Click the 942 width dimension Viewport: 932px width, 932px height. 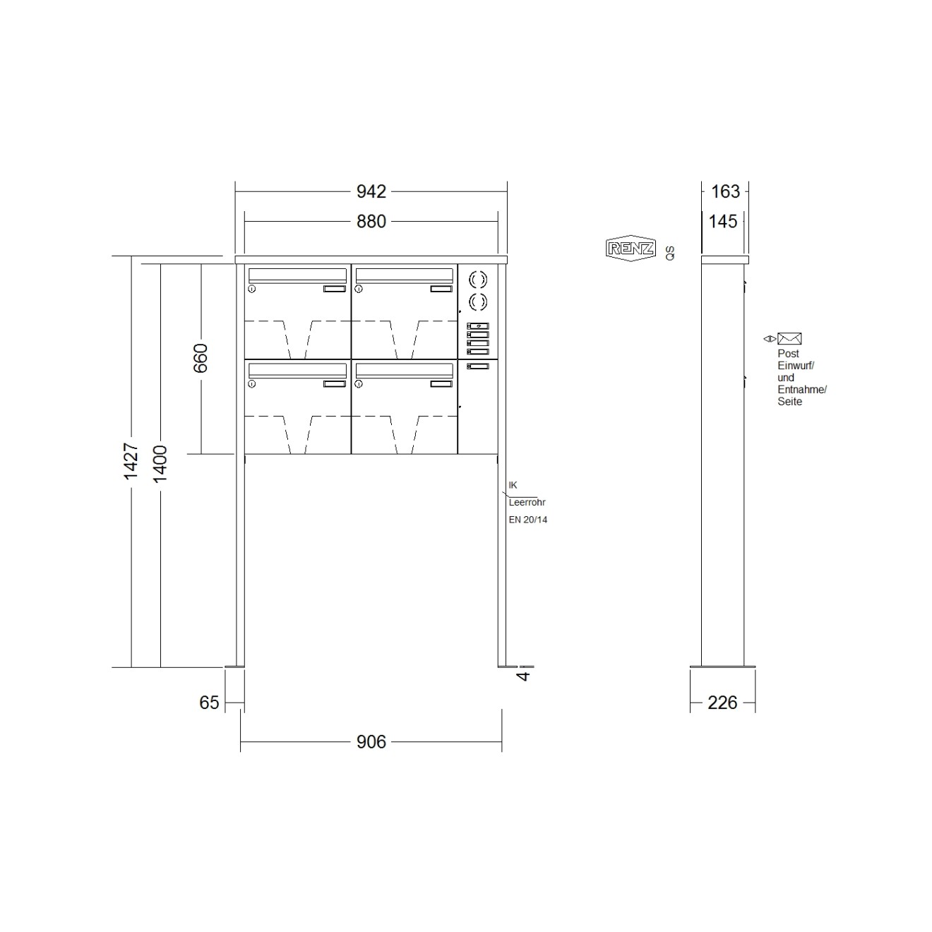[371, 192]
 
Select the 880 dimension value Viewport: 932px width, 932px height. [371, 222]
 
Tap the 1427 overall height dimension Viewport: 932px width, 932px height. [131, 461]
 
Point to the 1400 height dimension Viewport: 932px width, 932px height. [160, 464]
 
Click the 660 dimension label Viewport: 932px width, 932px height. [201, 359]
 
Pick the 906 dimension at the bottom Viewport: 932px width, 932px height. [371, 742]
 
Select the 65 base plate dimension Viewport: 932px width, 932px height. [209, 703]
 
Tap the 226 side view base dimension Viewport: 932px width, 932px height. [722, 703]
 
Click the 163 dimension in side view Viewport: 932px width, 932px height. [725, 192]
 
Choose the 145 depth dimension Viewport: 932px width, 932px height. [722, 222]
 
